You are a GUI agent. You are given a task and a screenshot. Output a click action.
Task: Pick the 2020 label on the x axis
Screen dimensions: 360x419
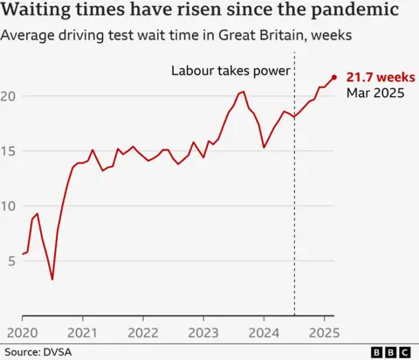22,332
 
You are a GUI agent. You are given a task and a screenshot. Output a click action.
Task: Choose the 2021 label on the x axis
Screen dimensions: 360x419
82,332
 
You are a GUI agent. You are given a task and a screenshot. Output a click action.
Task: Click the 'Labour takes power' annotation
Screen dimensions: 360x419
230,70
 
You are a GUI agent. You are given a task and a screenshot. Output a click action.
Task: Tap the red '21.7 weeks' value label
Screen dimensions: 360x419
381,78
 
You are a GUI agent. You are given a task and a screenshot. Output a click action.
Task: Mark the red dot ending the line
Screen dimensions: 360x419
333,78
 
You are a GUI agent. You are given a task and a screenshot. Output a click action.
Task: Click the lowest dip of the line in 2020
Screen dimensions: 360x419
52,279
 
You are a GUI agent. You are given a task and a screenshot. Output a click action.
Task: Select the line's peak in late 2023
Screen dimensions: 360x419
243,92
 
